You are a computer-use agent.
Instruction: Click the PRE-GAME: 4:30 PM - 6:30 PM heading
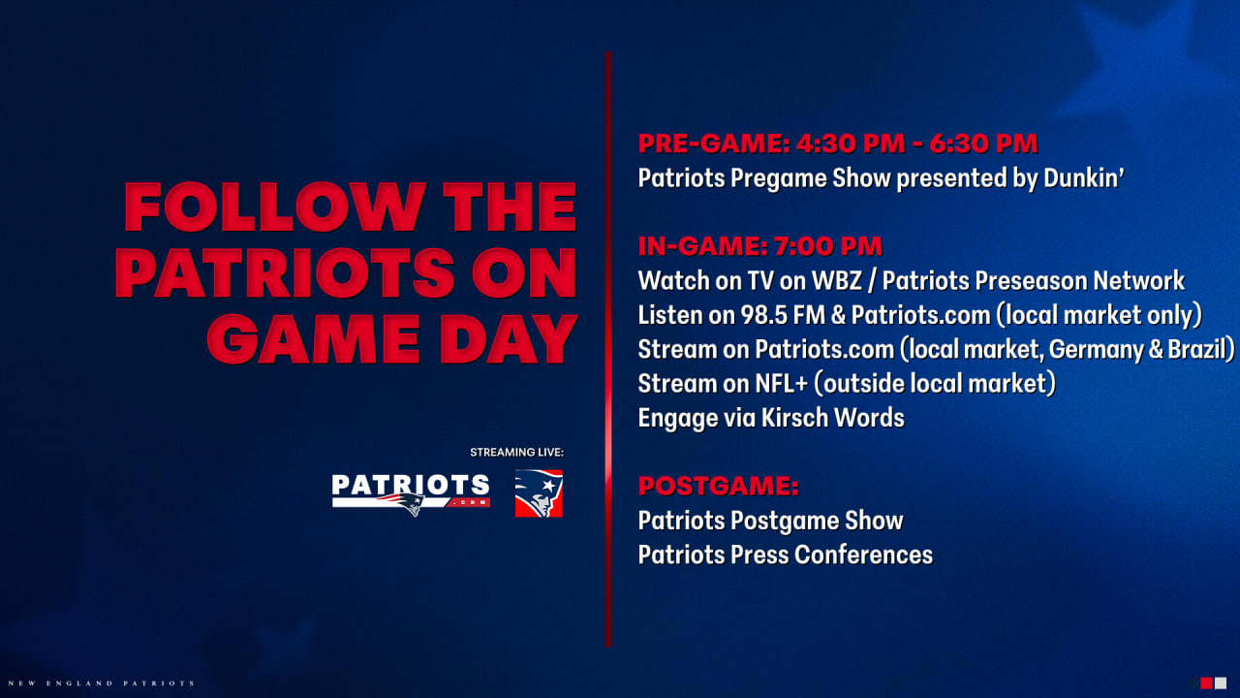coord(837,143)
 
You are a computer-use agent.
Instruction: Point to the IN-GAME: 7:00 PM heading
coord(759,246)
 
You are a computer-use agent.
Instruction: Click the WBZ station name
coord(847,281)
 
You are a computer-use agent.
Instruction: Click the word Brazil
coord(1200,350)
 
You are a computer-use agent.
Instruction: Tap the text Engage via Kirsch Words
coord(770,418)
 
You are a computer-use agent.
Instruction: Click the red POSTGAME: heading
coord(718,486)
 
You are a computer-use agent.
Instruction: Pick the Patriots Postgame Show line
coord(770,521)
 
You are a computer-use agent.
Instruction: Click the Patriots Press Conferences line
coord(785,555)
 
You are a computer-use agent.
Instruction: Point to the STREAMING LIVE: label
coord(515,453)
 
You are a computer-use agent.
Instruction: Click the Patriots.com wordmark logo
coord(411,492)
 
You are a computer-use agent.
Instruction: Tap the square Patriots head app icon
coord(539,492)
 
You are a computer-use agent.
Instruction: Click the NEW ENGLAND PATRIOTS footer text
coord(98,683)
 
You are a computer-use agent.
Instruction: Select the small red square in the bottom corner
coord(1206,683)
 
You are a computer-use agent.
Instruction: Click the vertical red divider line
coord(607,349)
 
